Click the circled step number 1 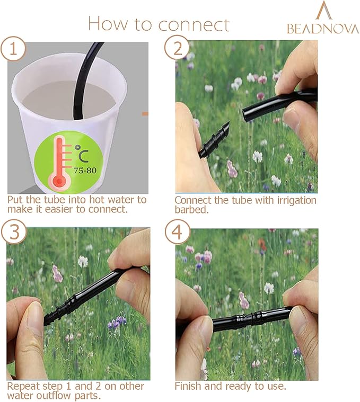[x=13, y=49]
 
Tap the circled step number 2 [x=177, y=48]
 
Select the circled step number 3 [x=14, y=232]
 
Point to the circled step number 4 [x=177, y=232]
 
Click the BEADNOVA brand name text [x=323, y=29]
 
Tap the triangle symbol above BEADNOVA [x=324, y=10]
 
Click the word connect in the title [x=194, y=24]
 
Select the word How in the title [x=108, y=24]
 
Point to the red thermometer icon [x=59, y=162]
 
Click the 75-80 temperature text [x=85, y=171]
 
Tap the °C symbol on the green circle [x=82, y=154]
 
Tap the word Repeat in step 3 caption [x=23, y=386]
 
